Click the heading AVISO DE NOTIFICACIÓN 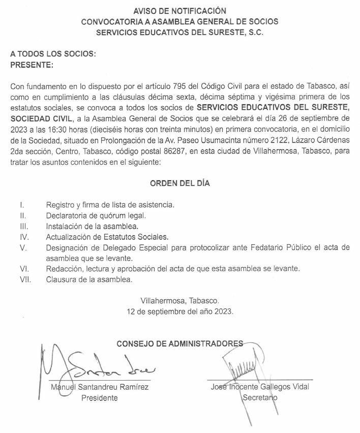pyautogui.click(x=179, y=10)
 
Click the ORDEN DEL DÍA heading pyautogui.click(x=179, y=184)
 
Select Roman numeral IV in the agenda pyautogui.click(x=23, y=237)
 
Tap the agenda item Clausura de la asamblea pyautogui.click(x=89, y=279)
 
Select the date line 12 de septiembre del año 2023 pyautogui.click(x=181, y=311)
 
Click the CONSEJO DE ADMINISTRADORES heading pyautogui.click(x=180, y=343)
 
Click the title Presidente pyautogui.click(x=100, y=398)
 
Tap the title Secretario pyautogui.click(x=260, y=398)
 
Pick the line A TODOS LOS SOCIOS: pyautogui.click(x=53, y=54)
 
